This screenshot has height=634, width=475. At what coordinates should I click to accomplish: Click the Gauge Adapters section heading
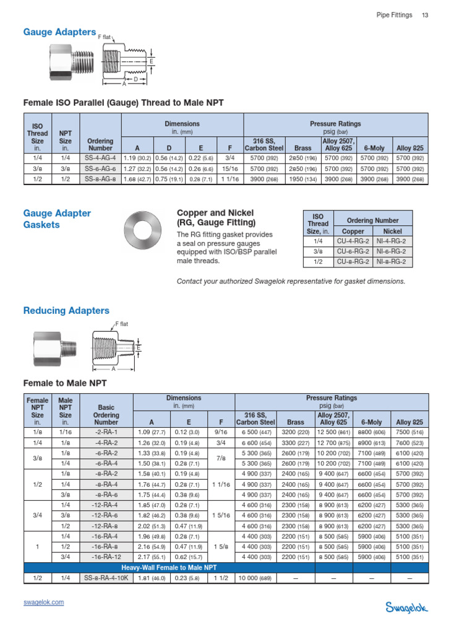(59, 32)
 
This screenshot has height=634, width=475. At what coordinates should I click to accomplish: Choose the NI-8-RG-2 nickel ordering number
(392, 262)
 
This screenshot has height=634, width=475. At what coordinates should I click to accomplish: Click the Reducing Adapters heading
(66, 311)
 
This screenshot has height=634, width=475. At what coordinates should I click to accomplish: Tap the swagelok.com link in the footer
(44, 602)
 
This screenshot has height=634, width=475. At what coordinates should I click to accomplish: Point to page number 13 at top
(425, 15)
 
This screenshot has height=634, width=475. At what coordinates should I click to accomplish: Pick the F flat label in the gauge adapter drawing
(106, 38)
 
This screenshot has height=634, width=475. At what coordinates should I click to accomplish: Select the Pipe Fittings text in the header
(394, 15)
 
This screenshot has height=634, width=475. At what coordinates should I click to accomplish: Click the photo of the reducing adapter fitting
(50, 347)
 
